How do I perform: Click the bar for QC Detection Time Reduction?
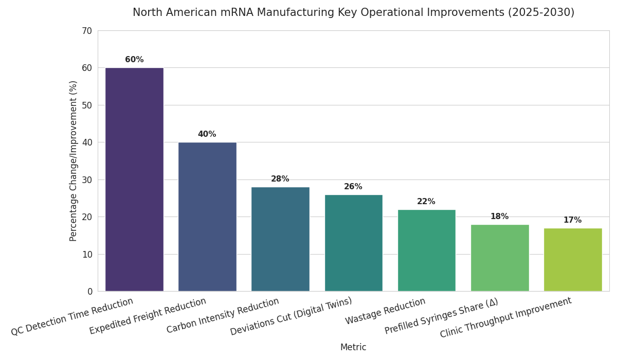point(134,179)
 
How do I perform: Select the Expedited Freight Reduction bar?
point(207,217)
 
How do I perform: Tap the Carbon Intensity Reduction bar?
point(280,239)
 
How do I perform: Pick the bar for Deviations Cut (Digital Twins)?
point(353,243)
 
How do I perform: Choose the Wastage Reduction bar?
point(426,250)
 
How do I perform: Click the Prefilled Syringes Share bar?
point(499,258)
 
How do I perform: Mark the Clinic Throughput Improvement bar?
point(572,260)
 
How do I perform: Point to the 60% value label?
point(134,60)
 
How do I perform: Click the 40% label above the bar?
point(207,134)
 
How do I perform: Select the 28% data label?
point(280,179)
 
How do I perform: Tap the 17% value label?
point(572,220)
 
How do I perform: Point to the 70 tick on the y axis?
point(86,31)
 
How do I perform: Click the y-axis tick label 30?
point(86,180)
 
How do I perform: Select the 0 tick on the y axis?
point(89,292)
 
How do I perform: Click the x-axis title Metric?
point(353,348)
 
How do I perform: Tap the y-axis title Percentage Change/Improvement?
point(74,160)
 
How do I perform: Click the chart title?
point(353,13)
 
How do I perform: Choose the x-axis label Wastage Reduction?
point(386,311)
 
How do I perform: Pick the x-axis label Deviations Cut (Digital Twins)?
point(291,316)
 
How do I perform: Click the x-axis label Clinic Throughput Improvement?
point(506,317)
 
